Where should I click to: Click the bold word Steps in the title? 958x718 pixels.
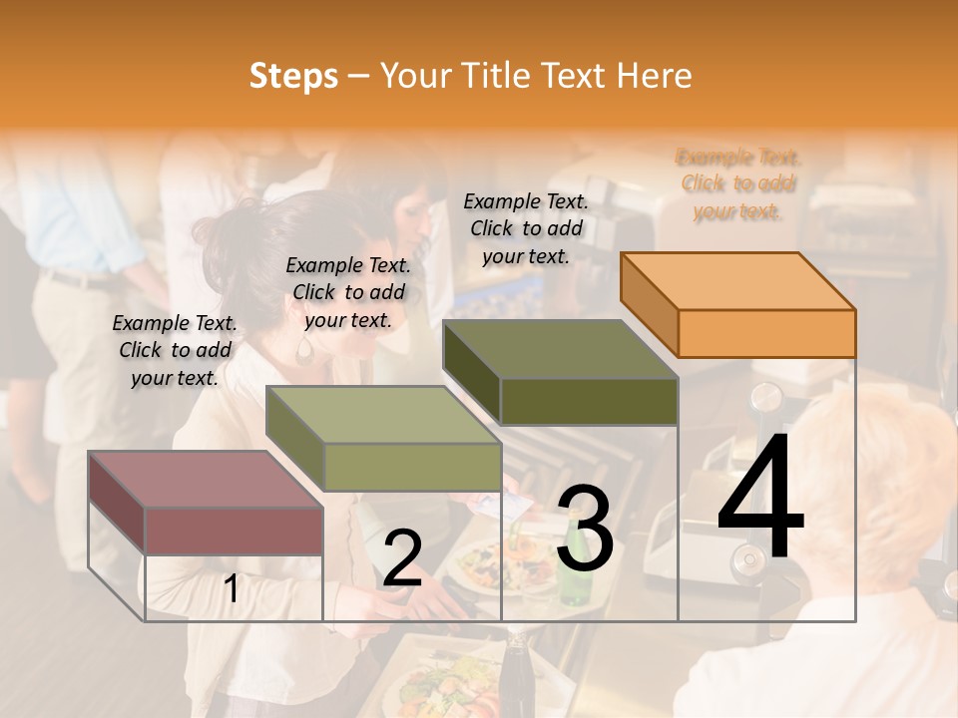(x=293, y=76)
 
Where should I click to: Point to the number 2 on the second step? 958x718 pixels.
(x=402, y=558)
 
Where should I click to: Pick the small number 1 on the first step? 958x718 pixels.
(x=231, y=589)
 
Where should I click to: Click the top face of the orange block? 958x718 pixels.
(x=736, y=280)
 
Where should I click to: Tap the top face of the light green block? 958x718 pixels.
(x=382, y=414)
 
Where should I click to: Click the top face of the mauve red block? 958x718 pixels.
(x=205, y=479)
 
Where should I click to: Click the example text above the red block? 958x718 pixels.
(x=175, y=350)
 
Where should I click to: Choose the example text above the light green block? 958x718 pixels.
(x=348, y=292)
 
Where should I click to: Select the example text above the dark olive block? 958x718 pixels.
(x=526, y=228)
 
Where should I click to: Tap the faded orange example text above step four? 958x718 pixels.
(x=738, y=184)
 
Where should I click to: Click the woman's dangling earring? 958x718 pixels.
(x=304, y=348)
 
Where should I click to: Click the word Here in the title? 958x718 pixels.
(x=655, y=76)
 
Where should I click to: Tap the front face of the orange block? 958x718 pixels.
(x=766, y=333)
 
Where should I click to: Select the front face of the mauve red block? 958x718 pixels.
(x=234, y=531)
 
